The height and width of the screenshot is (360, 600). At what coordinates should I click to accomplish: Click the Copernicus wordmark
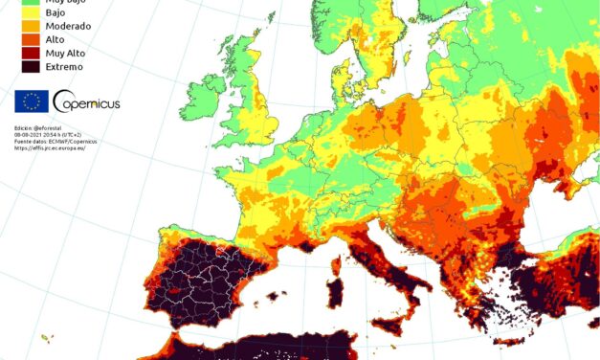coord(88,102)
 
